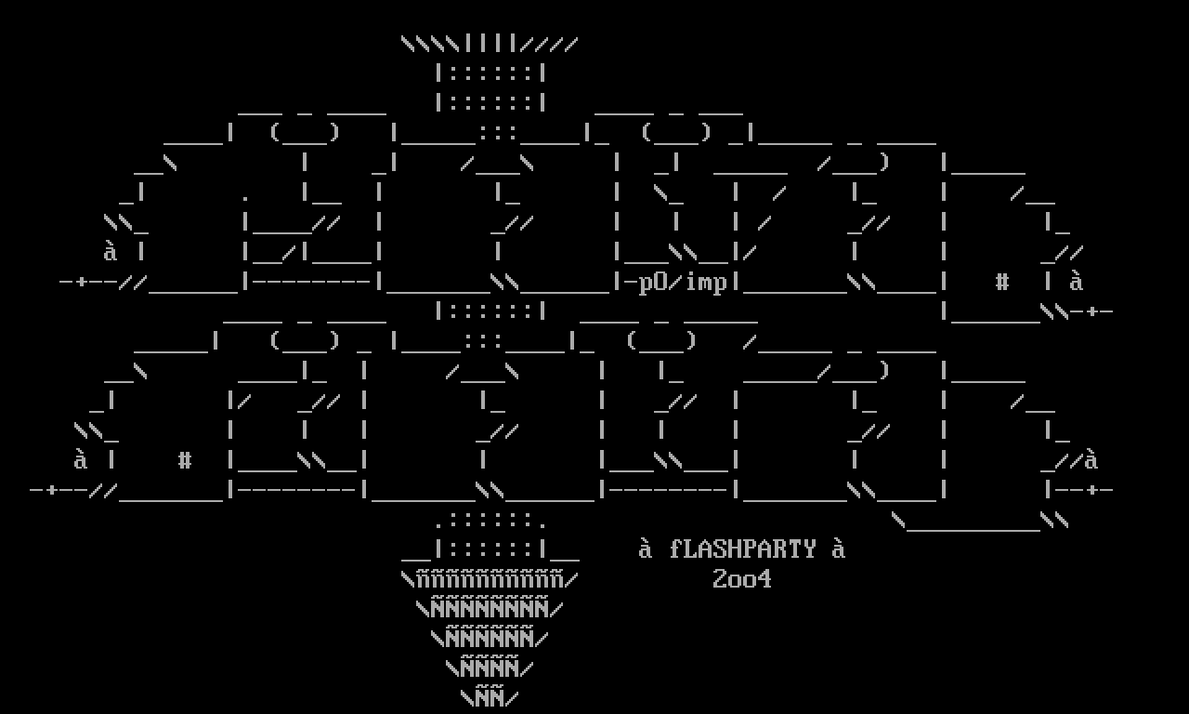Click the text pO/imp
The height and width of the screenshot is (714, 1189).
(683, 283)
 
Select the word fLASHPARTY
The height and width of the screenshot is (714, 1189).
(742, 549)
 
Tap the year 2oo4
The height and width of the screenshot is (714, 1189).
(742, 579)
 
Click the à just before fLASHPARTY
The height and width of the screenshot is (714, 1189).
(646, 549)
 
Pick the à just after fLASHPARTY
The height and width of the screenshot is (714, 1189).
(839, 549)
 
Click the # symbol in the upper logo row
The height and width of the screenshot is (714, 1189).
(1002, 282)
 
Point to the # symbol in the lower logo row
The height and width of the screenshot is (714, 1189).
(185, 460)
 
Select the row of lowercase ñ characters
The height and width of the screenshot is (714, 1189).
(490, 579)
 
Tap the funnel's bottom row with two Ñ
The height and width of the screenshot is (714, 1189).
(490, 698)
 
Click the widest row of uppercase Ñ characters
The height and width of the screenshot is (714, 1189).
(490, 609)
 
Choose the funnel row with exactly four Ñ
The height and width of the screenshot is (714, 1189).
(490, 668)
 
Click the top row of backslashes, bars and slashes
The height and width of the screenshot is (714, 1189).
(490, 44)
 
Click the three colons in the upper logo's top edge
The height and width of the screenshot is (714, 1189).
(497, 133)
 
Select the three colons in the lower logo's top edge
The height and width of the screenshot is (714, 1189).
(482, 341)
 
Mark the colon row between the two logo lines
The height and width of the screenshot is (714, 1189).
(490, 311)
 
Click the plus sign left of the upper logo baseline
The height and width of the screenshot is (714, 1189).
(81, 282)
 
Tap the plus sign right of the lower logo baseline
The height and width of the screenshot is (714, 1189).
(1091, 490)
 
